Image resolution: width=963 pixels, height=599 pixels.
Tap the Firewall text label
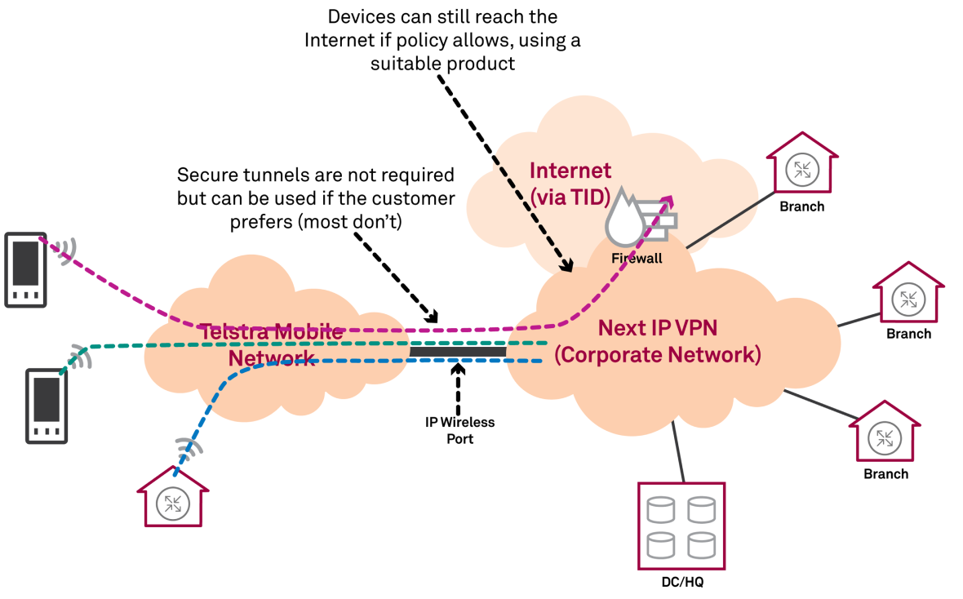637,259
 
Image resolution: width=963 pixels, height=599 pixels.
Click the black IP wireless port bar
458,352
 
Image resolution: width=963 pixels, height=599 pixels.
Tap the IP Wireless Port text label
460,430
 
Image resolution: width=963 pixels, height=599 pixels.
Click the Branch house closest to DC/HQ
885,433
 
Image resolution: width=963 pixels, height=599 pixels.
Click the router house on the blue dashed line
173,499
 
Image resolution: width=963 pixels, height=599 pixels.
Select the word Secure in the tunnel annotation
205,175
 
